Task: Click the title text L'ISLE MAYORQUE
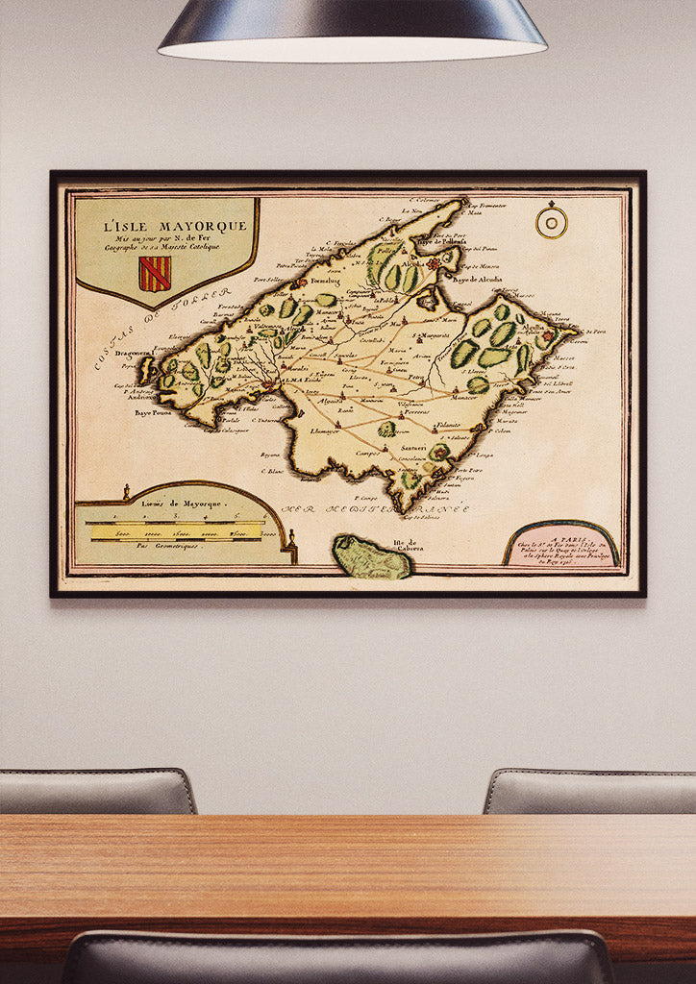tap(175, 226)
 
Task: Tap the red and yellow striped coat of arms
tap(154, 274)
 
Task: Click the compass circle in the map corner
tap(551, 222)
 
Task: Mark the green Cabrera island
tap(370, 558)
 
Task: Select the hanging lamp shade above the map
tap(352, 29)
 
